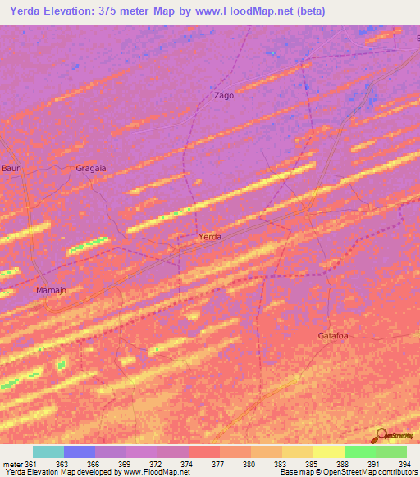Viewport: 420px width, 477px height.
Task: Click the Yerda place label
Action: [x=210, y=237]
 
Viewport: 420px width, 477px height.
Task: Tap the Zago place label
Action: [x=224, y=95]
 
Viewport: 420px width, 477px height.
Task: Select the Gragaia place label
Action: [x=91, y=168]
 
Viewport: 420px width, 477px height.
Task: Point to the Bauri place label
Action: [x=12, y=168]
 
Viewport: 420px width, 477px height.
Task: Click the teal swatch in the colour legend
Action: [x=48, y=452]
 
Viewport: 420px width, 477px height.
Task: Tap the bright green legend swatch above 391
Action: [x=360, y=452]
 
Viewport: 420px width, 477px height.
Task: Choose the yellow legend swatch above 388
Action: [x=329, y=452]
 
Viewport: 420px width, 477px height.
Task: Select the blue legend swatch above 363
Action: [x=80, y=452]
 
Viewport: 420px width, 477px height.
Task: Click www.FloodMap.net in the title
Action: [x=249, y=11]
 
